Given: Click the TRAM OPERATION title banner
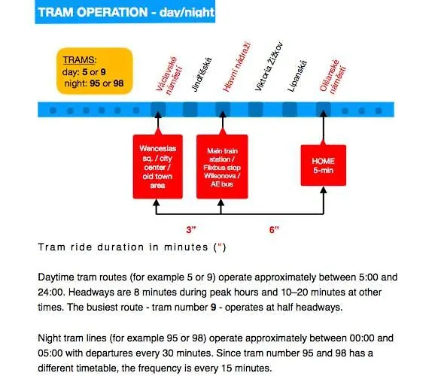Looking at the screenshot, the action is [x=125, y=12].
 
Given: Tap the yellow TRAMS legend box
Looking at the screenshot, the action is [x=95, y=71].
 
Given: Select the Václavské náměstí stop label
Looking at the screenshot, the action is [x=169, y=75].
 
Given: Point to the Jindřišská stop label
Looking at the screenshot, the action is [x=202, y=74].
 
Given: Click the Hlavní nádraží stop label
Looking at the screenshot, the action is [x=236, y=67].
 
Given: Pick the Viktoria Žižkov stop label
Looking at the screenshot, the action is [x=269, y=66].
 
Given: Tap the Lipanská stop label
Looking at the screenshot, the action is [x=297, y=76].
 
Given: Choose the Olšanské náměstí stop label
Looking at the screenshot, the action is [x=333, y=76].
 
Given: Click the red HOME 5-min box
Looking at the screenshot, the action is [x=324, y=165].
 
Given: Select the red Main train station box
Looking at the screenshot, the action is [x=222, y=167].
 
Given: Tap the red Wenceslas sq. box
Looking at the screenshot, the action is [x=158, y=167].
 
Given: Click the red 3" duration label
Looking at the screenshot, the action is [x=191, y=229].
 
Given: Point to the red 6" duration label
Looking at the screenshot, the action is [x=274, y=229].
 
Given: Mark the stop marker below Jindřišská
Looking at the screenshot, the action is [x=190, y=109].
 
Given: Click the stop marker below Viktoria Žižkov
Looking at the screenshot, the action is [x=255, y=109].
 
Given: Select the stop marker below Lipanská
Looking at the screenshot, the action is [x=290, y=109].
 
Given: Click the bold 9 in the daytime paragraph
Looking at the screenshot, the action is [x=214, y=307].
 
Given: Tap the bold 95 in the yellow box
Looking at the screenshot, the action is [x=95, y=83].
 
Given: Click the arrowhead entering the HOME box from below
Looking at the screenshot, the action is [x=324, y=190].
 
